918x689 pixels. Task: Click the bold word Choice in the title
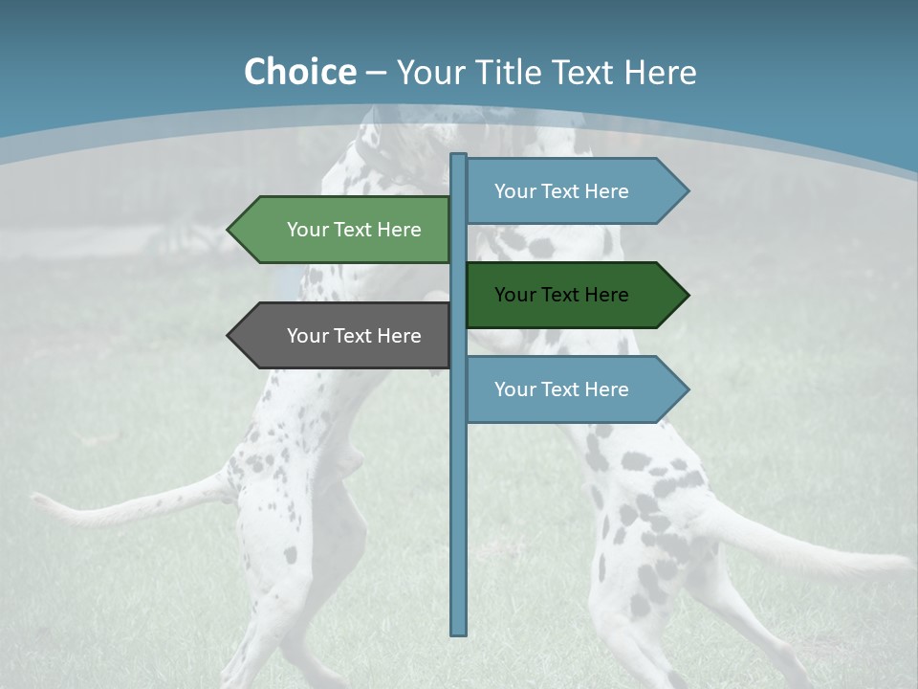[299, 72]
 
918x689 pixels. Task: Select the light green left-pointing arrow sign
[339, 230]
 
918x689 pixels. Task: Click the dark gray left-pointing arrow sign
[339, 336]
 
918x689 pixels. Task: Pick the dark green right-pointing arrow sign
[574, 295]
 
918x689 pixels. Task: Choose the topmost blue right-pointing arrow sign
[574, 191]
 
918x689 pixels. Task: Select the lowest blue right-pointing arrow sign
[574, 389]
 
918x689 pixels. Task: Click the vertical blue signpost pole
[459, 498]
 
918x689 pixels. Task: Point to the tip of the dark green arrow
[686, 295]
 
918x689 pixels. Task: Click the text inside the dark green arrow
[561, 295]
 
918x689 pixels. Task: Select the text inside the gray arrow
[354, 336]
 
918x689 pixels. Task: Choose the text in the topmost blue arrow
[561, 191]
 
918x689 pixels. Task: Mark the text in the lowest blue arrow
[561, 389]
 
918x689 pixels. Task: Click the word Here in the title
[660, 72]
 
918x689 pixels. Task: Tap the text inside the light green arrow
[354, 230]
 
